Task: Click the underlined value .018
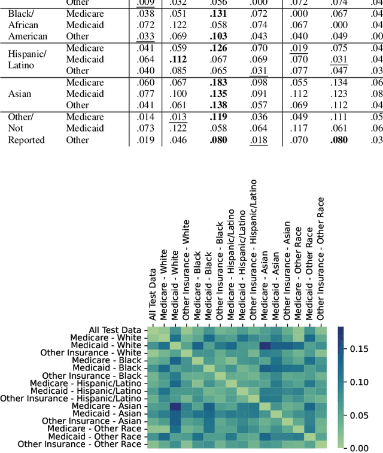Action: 258,140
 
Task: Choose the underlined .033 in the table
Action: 145,37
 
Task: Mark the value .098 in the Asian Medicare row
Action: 258,83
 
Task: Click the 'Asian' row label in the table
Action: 20,94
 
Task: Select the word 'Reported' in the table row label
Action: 26,140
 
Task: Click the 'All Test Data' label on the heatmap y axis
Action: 115,330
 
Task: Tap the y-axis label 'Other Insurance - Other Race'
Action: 80,444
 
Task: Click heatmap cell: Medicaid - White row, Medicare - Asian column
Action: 265,345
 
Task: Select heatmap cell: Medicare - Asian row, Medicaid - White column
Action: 175,406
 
